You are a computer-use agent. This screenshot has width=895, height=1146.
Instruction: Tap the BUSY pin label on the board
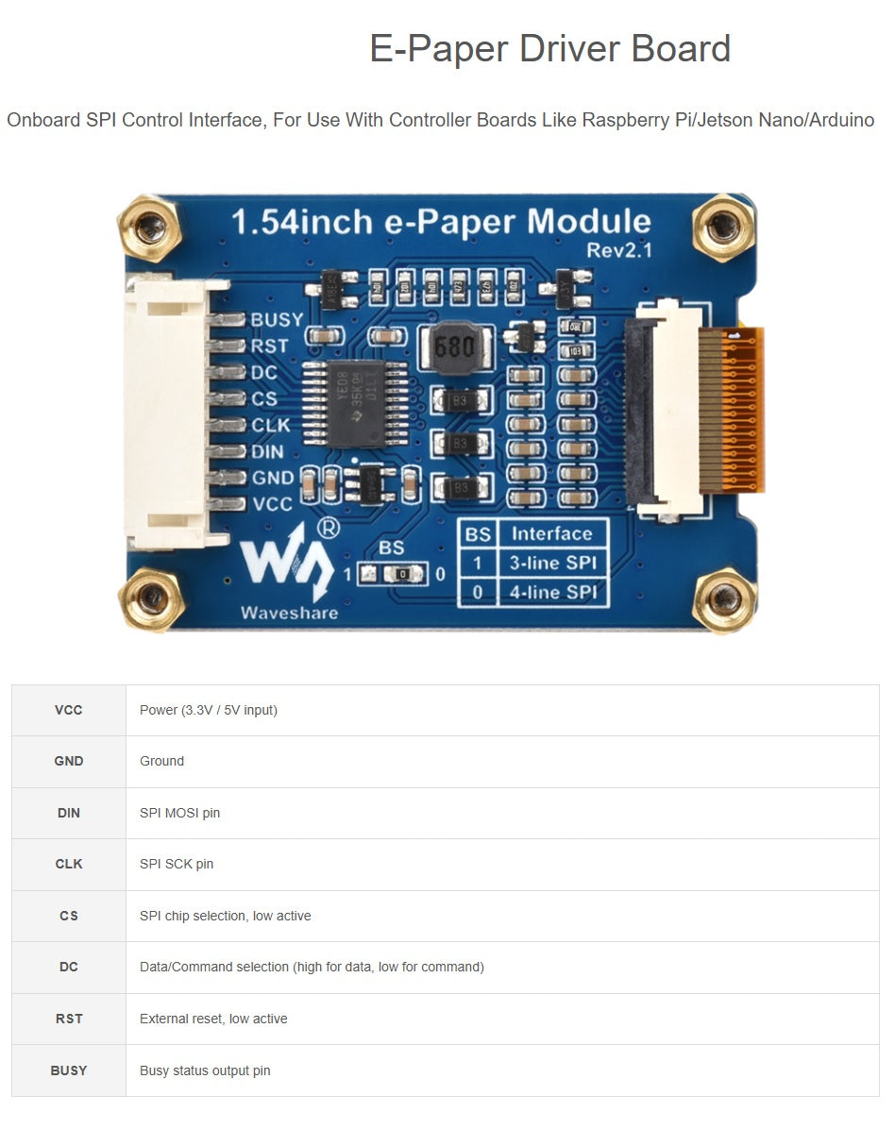276,320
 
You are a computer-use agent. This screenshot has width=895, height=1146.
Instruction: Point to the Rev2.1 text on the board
618,250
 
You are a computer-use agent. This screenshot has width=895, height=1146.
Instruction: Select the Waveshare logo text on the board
289,612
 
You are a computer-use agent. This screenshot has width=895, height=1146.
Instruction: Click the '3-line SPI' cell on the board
552,564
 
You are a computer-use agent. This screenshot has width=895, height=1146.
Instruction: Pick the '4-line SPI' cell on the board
552,593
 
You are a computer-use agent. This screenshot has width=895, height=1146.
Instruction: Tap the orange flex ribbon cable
742,411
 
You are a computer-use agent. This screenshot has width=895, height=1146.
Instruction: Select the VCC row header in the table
69,710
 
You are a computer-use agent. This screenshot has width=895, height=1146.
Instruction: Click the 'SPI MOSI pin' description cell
179,813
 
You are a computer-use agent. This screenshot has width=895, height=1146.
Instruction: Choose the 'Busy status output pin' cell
205,1070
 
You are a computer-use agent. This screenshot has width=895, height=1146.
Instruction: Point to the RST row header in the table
69,1019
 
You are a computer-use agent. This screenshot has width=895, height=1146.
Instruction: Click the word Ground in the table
161,761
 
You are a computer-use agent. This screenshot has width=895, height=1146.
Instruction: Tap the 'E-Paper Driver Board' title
549,49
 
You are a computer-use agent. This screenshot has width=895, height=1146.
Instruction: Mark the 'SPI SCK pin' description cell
177,864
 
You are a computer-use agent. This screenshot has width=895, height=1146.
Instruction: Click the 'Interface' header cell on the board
552,533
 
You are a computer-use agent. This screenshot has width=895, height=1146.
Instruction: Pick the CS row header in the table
69,916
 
